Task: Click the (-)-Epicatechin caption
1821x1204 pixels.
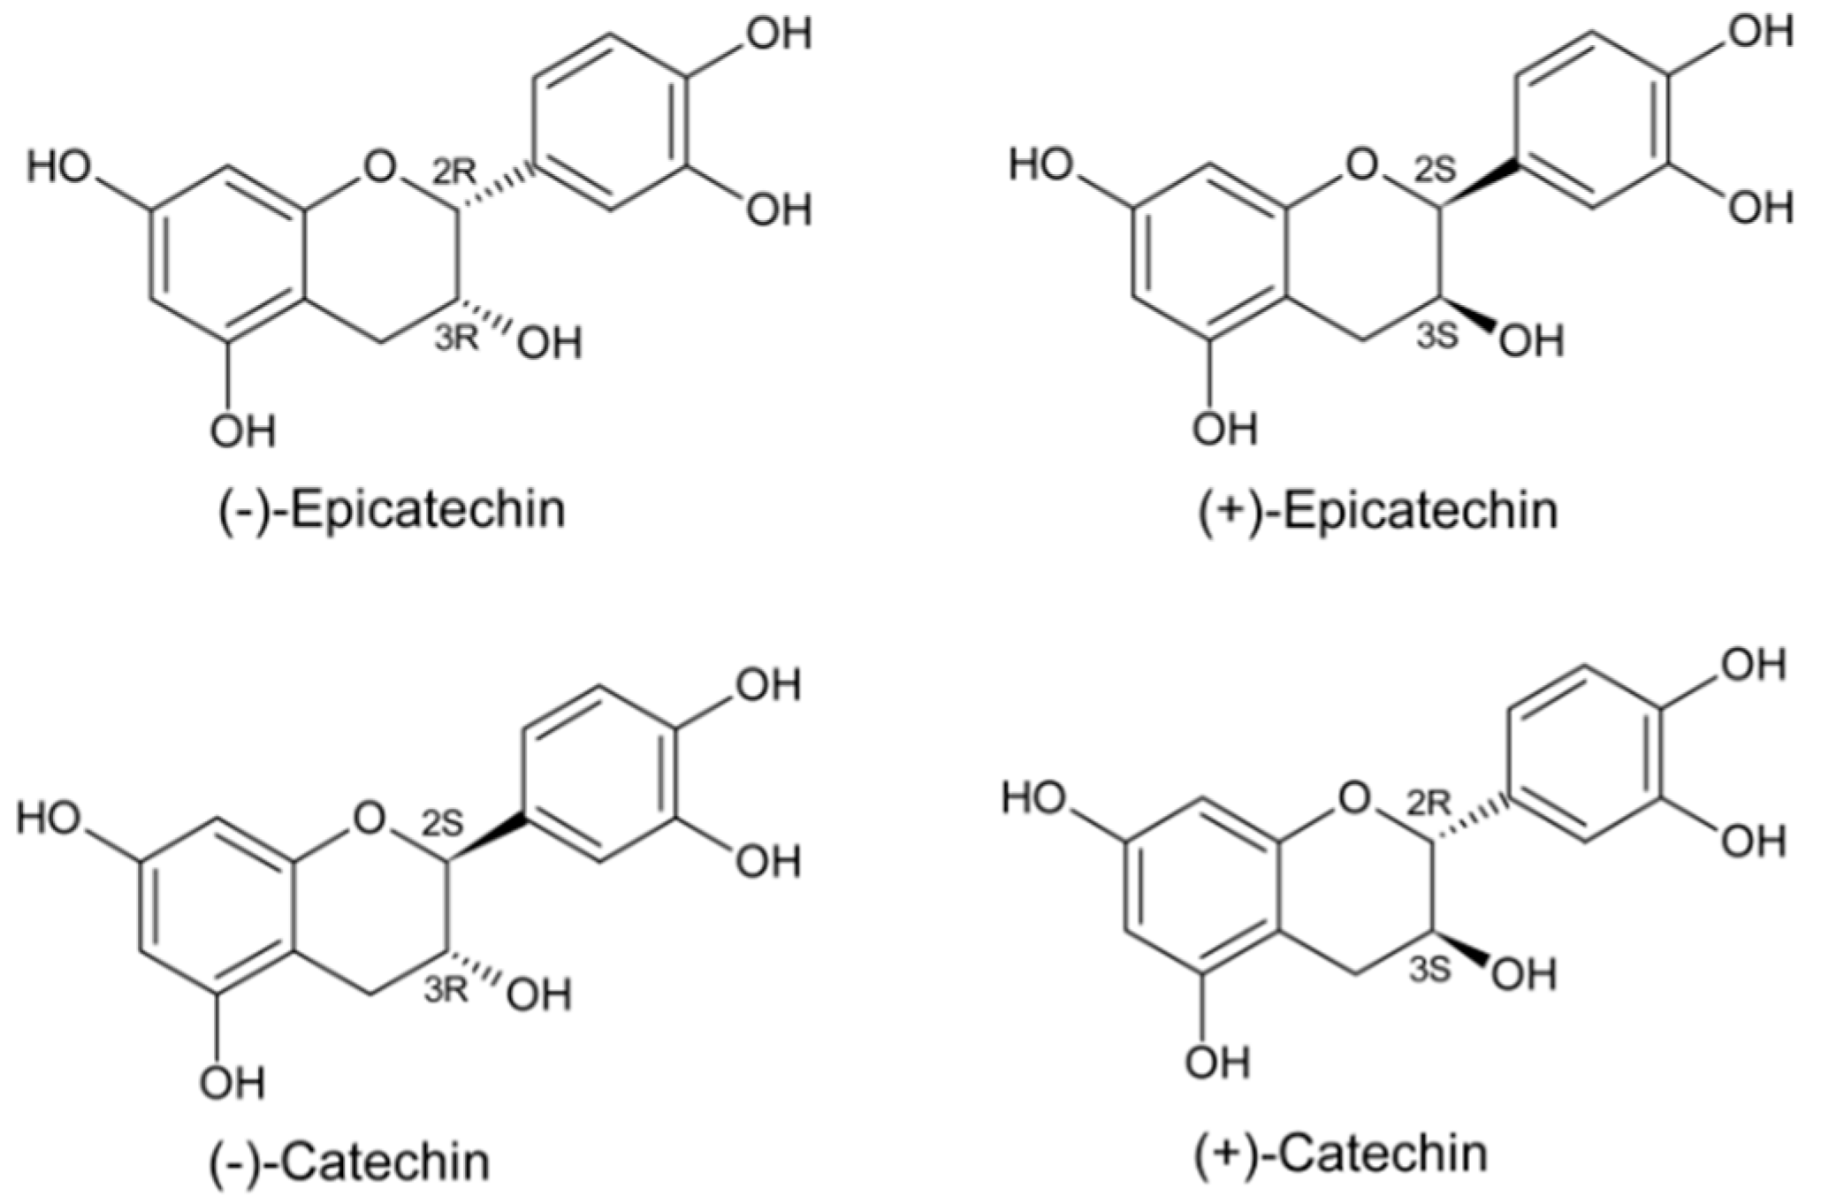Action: coord(392,510)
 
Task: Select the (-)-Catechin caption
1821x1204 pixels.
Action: coord(350,1162)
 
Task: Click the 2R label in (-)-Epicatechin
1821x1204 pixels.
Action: coord(454,173)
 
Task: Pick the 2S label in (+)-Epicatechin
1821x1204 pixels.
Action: coord(1434,171)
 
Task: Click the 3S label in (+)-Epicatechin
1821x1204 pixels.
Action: coord(1436,336)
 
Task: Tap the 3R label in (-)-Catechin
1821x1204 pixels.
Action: coord(446,990)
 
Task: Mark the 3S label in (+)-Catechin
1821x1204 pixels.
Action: coord(1429,970)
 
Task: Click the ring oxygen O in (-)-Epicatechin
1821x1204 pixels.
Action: coord(377,165)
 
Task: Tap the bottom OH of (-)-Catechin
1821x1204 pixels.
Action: coord(232,1082)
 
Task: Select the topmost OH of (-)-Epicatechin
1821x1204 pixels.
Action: coord(779,34)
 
